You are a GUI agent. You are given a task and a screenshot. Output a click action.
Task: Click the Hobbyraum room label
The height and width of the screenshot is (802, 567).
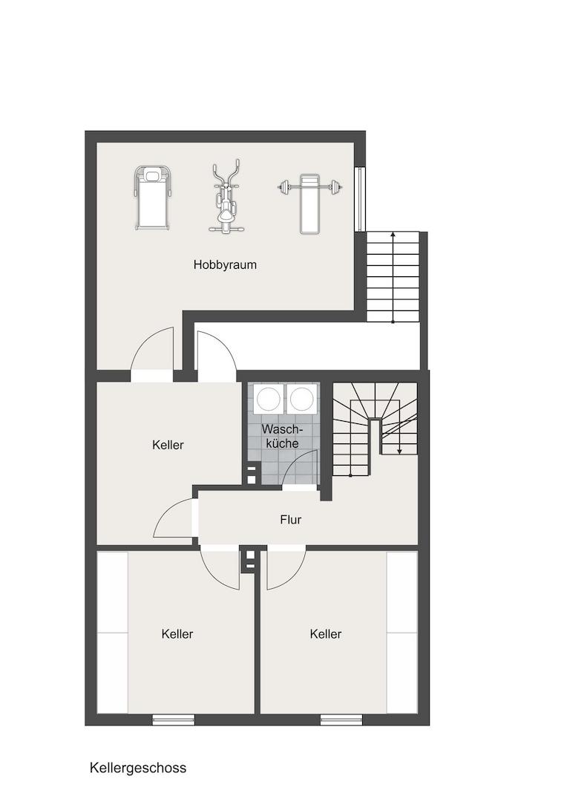(x=225, y=265)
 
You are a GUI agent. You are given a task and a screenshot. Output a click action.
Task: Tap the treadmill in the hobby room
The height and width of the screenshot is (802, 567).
(x=152, y=198)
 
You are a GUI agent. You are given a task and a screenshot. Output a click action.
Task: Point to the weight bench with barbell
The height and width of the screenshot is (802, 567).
(x=309, y=203)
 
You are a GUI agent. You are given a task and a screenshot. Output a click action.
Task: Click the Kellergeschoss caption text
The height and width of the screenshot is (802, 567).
(x=138, y=768)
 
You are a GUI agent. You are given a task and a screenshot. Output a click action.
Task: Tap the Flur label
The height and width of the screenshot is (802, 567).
(x=290, y=520)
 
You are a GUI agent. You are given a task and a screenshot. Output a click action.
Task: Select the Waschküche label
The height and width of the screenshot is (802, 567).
(x=282, y=436)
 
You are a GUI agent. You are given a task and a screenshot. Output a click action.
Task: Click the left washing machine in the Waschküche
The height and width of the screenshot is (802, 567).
(x=268, y=399)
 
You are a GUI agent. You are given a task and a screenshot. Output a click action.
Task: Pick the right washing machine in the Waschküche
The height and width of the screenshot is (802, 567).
(x=301, y=399)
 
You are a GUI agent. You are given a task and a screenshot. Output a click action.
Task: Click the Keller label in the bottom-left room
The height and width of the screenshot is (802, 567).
(x=177, y=634)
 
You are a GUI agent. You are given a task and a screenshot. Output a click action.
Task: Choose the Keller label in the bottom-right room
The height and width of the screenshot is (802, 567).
(x=326, y=634)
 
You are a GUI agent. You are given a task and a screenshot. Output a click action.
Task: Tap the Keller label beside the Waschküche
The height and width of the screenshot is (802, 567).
(x=168, y=445)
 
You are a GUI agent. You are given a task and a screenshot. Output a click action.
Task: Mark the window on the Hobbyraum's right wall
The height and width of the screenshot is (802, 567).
(x=361, y=199)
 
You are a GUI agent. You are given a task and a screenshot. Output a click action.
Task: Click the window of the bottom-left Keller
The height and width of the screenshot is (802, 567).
(x=174, y=720)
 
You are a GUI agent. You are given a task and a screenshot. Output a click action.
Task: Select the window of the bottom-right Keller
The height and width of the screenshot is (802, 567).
(x=341, y=720)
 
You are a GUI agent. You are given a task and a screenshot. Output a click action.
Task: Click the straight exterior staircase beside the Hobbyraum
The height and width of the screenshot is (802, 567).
(x=393, y=277)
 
